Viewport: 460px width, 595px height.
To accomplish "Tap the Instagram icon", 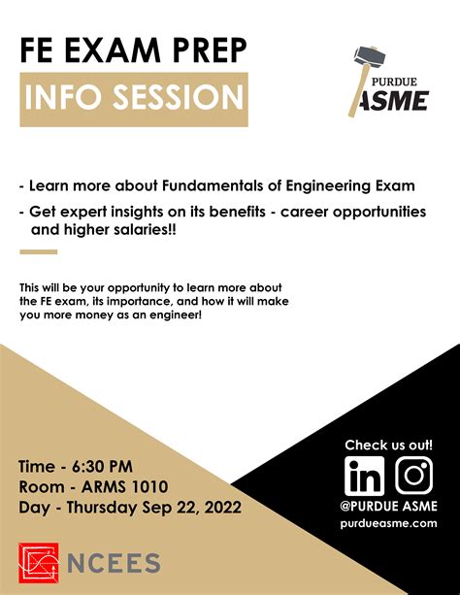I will [413, 476].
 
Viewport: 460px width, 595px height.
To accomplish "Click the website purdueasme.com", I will [388, 523].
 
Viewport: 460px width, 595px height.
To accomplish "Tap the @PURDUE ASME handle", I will [388, 506].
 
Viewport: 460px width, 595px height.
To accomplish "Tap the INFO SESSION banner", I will [134, 97].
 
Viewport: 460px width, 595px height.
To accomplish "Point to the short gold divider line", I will [39, 252].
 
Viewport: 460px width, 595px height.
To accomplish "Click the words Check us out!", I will [388, 446].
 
